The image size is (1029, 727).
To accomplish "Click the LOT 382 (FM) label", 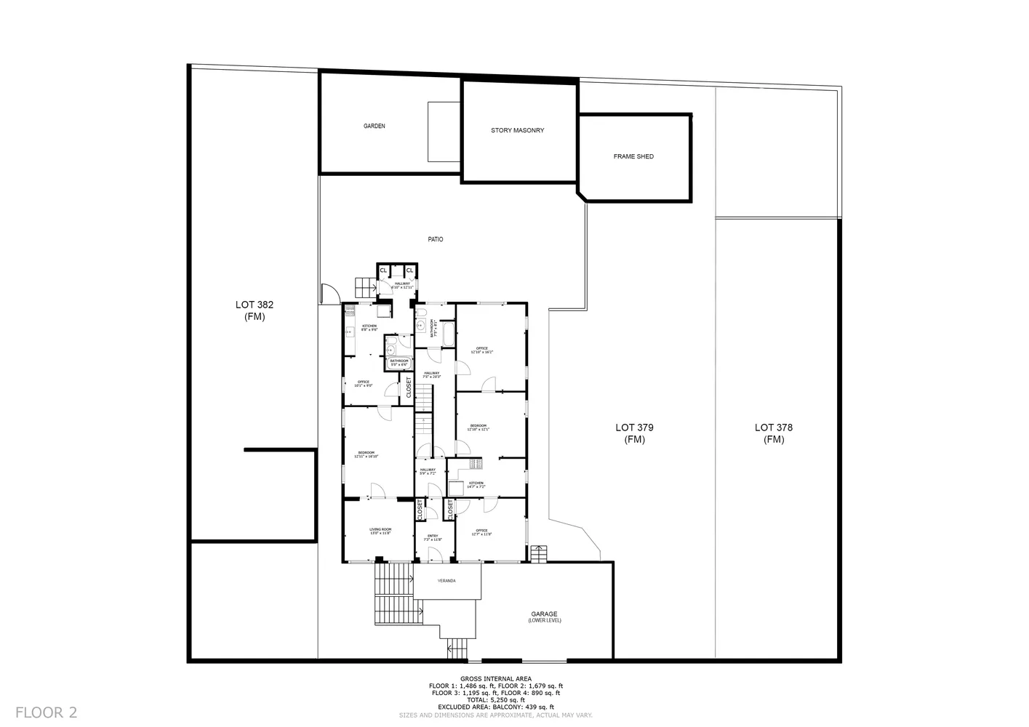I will click(x=255, y=310).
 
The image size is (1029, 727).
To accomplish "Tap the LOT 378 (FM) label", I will click(x=774, y=433).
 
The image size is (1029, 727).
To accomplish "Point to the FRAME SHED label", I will click(x=633, y=156).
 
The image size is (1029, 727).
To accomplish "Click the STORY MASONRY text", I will click(x=517, y=130).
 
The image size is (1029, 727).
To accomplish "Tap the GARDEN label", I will click(x=375, y=126).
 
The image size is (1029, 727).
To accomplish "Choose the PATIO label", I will click(x=435, y=239).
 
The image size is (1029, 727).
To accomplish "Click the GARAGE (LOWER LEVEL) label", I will click(x=544, y=616).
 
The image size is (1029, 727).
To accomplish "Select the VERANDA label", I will click(x=447, y=581).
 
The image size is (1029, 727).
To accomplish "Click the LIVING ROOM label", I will click(x=380, y=531).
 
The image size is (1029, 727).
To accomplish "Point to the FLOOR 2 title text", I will click(x=46, y=712).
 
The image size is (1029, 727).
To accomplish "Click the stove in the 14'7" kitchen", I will click(x=476, y=462).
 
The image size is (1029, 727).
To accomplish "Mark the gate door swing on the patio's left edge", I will click(x=328, y=293).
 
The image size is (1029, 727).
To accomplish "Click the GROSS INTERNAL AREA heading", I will click(x=495, y=678).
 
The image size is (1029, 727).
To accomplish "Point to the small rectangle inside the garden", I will click(x=443, y=132).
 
